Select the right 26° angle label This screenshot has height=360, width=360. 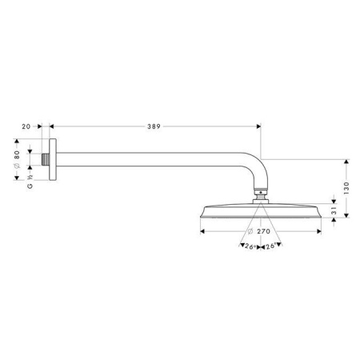pos(272,246)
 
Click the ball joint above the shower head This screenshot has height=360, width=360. pos(259,192)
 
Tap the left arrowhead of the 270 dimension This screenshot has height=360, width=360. pos(202,231)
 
